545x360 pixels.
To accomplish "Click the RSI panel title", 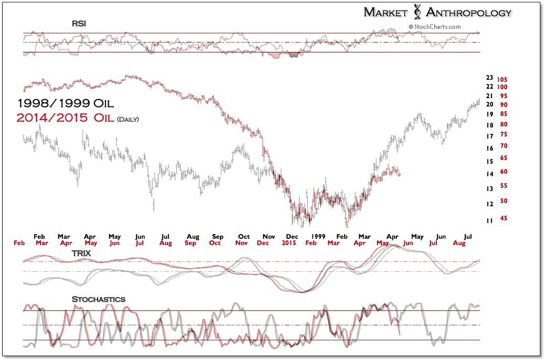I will [79, 24].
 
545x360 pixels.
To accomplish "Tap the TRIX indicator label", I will [81, 253].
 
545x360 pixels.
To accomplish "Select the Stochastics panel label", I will [98, 299].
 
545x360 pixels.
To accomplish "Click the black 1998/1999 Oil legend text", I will [65, 103].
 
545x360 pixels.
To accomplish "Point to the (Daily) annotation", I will [128, 119].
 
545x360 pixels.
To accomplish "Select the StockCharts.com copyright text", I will [434, 27].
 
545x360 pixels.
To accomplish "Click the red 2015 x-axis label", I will [288, 243].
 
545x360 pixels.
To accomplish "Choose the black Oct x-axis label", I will [244, 237].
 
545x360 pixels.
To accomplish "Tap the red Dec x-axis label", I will [263, 243].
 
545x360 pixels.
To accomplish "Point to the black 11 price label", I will [489, 221].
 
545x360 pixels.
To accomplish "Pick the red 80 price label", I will [503, 124].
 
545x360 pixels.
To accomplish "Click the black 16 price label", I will [489, 149].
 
